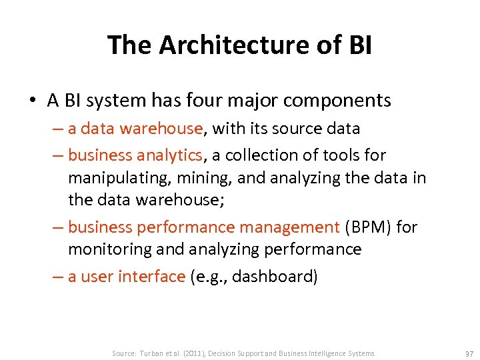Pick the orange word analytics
click(169, 155)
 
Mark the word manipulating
click(112, 178)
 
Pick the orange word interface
click(152, 276)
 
